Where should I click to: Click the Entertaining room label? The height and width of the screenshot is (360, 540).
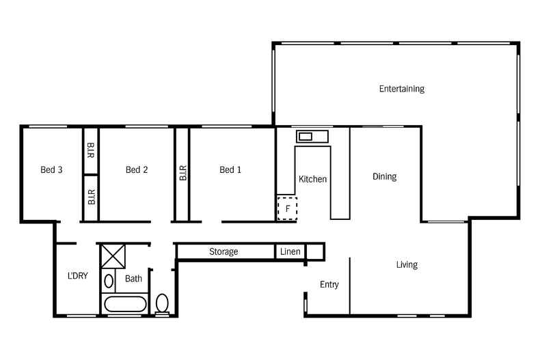click(402, 89)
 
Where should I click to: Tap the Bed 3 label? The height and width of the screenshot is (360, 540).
click(52, 170)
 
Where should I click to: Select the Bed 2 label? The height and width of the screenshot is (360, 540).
click(137, 170)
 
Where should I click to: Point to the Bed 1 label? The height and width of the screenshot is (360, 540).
click(230, 170)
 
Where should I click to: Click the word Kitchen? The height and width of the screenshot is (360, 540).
click(313, 179)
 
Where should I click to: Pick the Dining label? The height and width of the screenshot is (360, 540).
click(384, 177)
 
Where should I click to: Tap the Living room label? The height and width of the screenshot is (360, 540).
click(407, 265)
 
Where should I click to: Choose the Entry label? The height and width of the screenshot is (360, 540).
click(329, 285)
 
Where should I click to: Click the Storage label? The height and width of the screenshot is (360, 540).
click(224, 252)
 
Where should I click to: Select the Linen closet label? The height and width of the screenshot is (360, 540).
click(290, 252)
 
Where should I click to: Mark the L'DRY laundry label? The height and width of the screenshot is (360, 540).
click(77, 276)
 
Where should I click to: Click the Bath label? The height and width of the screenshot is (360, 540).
click(133, 279)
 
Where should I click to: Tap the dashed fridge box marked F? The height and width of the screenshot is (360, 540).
click(288, 208)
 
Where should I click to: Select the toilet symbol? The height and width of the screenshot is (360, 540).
click(163, 302)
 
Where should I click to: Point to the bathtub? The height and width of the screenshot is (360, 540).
click(124, 304)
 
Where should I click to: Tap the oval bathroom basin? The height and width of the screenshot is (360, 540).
click(109, 281)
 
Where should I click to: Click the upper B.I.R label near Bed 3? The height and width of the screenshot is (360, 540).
click(91, 151)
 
